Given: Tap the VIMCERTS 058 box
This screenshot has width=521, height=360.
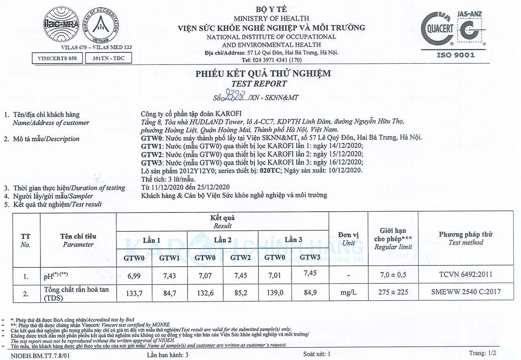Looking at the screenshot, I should (57, 58).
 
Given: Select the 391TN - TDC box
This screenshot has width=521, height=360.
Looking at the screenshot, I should (108, 58).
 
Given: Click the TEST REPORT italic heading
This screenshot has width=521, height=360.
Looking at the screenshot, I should (263, 84).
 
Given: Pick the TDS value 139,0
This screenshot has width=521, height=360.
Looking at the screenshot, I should (275, 293).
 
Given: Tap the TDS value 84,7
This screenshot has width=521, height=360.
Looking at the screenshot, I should (169, 293).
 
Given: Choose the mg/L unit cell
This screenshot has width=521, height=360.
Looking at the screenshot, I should (348, 293).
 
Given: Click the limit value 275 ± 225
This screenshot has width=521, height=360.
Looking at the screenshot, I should (393, 292).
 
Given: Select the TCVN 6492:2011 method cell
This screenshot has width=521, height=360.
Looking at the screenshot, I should (465, 275).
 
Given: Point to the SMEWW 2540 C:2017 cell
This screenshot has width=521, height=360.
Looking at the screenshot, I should (465, 292).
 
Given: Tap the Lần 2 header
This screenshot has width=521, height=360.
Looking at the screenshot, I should (222, 240).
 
